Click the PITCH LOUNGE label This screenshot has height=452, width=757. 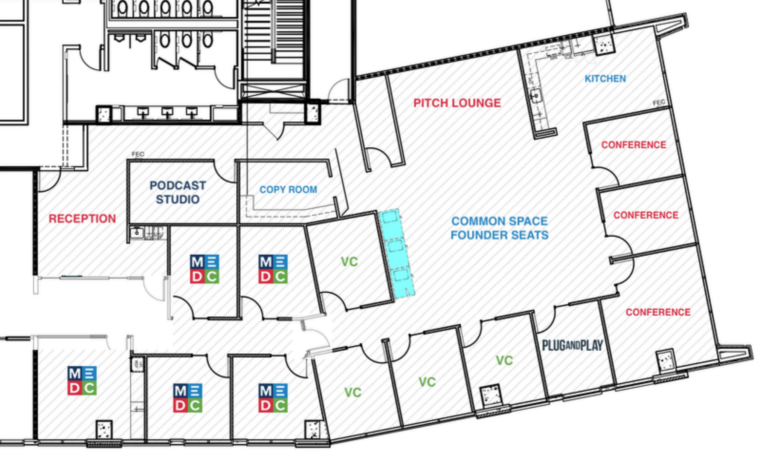tap(457, 103)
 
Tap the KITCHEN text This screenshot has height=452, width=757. tap(605, 79)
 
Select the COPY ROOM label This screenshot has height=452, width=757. tap(288, 189)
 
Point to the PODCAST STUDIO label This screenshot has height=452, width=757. tap(178, 192)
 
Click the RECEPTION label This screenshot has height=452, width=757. tap(82, 218)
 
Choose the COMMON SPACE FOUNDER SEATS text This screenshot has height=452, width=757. tap(499, 228)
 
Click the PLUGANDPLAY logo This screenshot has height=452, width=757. tap(572, 345)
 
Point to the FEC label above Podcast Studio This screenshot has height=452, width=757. tap(138, 154)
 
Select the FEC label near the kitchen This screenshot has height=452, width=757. tap(659, 103)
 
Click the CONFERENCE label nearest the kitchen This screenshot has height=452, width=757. tap(633, 145)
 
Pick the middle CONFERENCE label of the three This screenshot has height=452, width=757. tap(646, 215)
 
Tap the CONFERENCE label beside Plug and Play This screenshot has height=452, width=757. tap(658, 312)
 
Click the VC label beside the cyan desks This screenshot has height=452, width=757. tap(349, 262)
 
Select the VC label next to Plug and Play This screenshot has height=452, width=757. tap(504, 360)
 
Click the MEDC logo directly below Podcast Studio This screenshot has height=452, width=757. tap(205, 269)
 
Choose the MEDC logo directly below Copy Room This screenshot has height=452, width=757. tap(273, 269)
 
